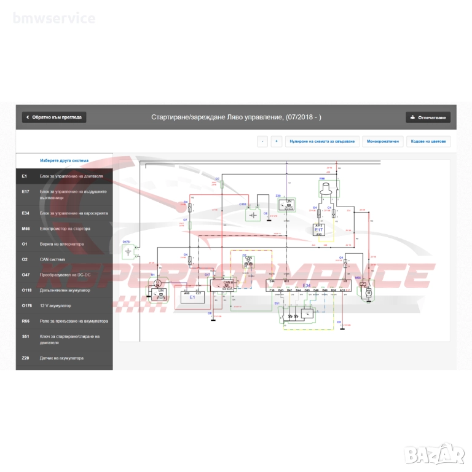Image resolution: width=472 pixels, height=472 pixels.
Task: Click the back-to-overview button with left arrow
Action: coord(54,117)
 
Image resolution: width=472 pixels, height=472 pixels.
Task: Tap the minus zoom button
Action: coord(262,141)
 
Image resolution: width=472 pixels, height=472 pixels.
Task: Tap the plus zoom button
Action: coord(277,141)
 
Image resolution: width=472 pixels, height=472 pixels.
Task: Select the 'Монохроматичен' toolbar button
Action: coord(383,141)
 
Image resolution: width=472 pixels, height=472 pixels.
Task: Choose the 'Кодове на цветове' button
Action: coord(428,141)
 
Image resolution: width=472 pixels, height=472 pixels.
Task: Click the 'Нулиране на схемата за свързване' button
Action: coord(322,141)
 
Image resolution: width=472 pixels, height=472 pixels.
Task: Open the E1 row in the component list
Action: coord(64,176)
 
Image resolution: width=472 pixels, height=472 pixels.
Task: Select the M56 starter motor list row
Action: coord(64,229)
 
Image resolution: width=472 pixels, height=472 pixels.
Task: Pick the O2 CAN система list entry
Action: coord(64,259)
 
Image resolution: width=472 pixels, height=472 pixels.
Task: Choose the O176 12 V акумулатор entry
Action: coord(64,305)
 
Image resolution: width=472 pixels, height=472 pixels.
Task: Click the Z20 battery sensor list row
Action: coord(64,358)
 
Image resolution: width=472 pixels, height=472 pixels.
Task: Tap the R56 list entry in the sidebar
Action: coord(64,321)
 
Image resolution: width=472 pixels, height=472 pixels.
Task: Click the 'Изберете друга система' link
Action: coord(64,160)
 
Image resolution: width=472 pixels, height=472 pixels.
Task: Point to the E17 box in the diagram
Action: coord(318,229)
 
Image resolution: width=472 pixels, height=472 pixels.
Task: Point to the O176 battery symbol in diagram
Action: coord(128,252)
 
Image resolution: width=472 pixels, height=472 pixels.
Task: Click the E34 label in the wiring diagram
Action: coord(307,286)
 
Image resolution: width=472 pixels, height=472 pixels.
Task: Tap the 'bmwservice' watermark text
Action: coord(54,18)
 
